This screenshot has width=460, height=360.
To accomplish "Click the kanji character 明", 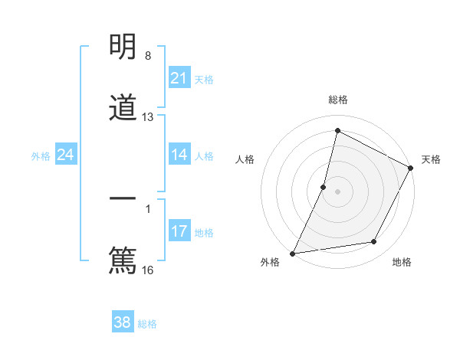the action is tap(123, 48).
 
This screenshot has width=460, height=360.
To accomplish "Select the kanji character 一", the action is tap(123, 200).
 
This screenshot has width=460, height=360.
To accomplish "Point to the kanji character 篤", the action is tap(123, 259).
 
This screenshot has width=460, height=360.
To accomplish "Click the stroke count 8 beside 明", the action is tap(148, 56).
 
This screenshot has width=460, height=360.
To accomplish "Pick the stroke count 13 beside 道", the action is tap(148, 117).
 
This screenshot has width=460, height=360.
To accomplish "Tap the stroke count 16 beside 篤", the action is tap(148, 270).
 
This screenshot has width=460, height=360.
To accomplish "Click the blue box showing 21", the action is tap(179, 78).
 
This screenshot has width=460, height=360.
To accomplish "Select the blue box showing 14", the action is tap(179, 155).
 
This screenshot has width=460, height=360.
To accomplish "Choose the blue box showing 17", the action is tap(179, 231).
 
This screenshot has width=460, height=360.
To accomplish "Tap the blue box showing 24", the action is tap(65, 155).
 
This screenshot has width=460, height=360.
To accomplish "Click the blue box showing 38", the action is tap(122, 322).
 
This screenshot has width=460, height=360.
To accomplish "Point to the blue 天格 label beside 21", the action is tap(204, 79).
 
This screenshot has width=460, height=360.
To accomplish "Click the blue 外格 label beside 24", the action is tap(41, 155).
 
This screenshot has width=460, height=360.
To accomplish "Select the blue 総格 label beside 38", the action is tap(147, 323).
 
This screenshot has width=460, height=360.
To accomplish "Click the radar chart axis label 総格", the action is tap(338, 100).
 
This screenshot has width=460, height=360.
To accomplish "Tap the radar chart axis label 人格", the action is tap(245, 159).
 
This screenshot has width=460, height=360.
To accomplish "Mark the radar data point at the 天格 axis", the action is tap(412, 169).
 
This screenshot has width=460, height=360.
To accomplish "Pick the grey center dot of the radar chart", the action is tap(338, 191).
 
